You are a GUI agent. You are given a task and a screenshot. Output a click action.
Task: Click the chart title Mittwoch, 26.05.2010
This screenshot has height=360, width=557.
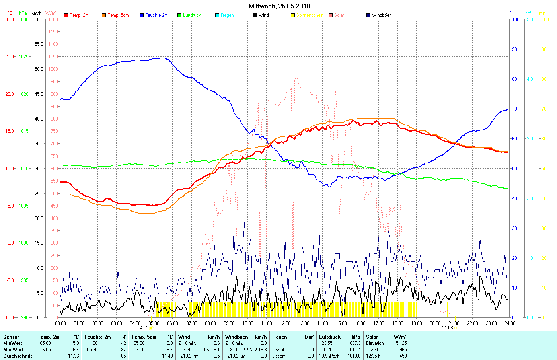(279, 6)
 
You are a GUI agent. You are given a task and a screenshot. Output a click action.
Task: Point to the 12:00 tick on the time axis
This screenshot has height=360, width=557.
(285, 323)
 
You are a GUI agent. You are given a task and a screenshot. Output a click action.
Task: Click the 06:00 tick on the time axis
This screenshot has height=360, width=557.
(173, 323)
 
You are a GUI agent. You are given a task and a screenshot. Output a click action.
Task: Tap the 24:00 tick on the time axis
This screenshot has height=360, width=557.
(510, 323)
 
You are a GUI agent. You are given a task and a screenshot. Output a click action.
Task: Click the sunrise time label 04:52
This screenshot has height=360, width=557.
(143, 328)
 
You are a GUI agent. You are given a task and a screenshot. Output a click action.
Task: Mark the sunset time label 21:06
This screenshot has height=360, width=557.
(448, 328)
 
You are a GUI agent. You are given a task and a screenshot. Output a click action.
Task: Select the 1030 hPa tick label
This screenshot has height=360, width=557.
(24, 19)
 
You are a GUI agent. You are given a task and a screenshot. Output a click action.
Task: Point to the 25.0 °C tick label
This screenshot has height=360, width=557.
(10, 57)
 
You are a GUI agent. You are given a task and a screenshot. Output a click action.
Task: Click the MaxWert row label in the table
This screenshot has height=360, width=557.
(13, 350)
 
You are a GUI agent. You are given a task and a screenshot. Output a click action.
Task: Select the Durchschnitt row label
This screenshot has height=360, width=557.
(18, 356)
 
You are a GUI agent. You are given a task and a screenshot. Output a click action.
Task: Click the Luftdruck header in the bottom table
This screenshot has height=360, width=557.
(330, 337)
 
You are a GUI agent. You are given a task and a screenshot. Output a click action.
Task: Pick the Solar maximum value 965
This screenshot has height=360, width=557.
(403, 350)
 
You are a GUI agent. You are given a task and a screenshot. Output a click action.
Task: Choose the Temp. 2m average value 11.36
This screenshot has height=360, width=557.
(74, 356)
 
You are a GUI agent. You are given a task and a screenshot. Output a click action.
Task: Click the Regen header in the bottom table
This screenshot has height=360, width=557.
(280, 337)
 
